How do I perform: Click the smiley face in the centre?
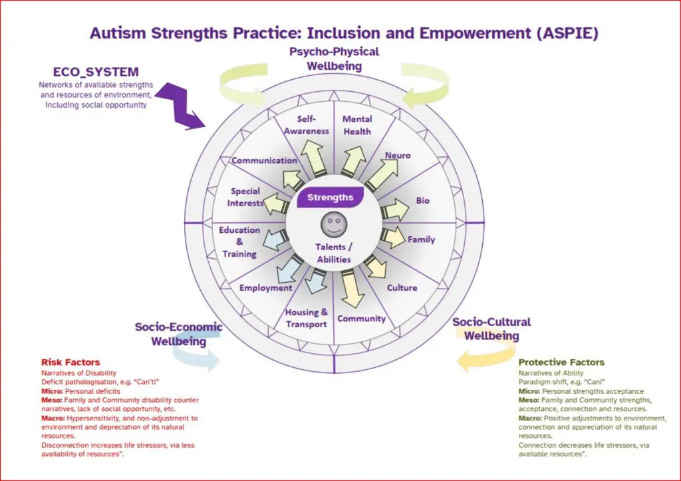click(334, 224)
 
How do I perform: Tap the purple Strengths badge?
click(331, 198)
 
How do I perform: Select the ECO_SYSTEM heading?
click(96, 72)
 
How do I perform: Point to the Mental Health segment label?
click(357, 125)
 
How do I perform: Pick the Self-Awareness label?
click(307, 124)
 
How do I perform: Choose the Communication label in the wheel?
click(264, 160)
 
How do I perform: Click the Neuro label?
click(398, 155)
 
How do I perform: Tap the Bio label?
click(422, 200)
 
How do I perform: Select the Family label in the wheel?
click(421, 240)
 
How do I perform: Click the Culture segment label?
click(402, 287)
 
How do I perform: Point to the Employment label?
click(266, 287)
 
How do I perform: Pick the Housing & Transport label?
click(307, 318)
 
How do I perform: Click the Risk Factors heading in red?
click(70, 363)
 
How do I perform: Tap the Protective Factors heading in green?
click(561, 363)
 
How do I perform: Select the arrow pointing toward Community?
click(352, 289)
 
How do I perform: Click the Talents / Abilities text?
click(334, 253)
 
